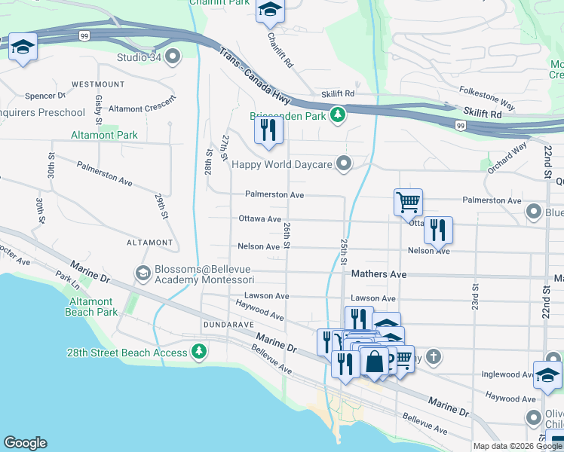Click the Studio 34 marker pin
pyautogui.click(x=173, y=56)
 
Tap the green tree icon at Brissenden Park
pyautogui.click(x=339, y=115)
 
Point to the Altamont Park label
pyautogui.click(x=104, y=135)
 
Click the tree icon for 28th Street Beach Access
pyautogui.click(x=198, y=352)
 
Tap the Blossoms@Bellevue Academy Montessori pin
pyautogui.click(x=142, y=272)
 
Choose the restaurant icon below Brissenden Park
pyautogui.click(x=269, y=130)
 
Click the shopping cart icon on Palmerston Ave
pyautogui.click(x=408, y=201)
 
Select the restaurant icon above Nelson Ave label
pyautogui.click(x=438, y=229)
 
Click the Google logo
pyautogui.click(x=25, y=443)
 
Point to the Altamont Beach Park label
pyautogui.click(x=90, y=307)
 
